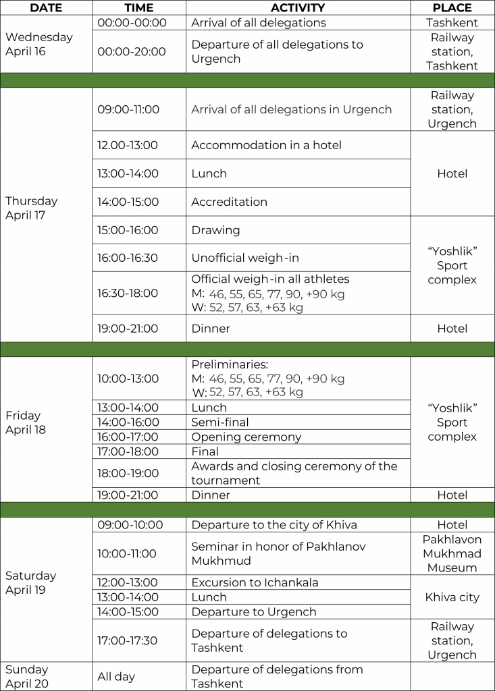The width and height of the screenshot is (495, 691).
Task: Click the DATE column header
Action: [x=46, y=8]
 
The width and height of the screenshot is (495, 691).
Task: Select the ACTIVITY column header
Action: [x=298, y=8]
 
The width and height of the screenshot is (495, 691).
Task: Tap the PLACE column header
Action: [x=452, y=8]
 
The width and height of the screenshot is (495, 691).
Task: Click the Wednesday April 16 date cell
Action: [x=39, y=44]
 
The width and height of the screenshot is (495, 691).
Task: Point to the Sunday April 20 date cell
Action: [x=27, y=676]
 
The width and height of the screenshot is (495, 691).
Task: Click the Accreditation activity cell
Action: [x=229, y=202]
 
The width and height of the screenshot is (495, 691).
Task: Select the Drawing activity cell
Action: [x=215, y=230]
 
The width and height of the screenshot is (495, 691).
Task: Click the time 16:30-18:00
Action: [x=128, y=293]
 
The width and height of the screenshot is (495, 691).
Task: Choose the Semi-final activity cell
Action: [x=220, y=422]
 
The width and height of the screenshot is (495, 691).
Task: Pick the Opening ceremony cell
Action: [x=246, y=437]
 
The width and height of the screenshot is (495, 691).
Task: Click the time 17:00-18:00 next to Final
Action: [x=128, y=451]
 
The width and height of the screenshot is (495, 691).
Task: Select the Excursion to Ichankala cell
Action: [x=255, y=582]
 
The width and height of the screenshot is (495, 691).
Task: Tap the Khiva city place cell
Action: [x=452, y=597]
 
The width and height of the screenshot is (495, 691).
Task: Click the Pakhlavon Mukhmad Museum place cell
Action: [x=452, y=553]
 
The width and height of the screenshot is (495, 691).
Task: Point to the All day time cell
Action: [x=116, y=676]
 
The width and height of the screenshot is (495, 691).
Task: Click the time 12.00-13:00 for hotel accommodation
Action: [x=128, y=145]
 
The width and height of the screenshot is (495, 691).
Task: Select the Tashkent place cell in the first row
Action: [x=452, y=22]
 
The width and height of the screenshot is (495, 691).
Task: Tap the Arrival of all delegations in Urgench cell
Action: [x=291, y=109]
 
